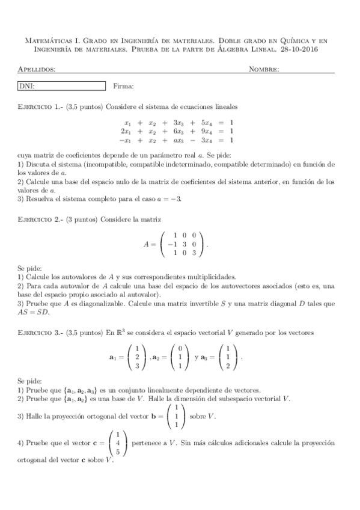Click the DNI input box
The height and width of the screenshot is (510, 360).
point(62,86)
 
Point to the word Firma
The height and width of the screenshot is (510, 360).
point(123,87)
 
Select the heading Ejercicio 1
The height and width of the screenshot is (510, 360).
point(41,106)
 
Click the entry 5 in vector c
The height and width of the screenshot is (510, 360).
point(118,451)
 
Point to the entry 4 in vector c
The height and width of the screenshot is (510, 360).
point(118,443)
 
